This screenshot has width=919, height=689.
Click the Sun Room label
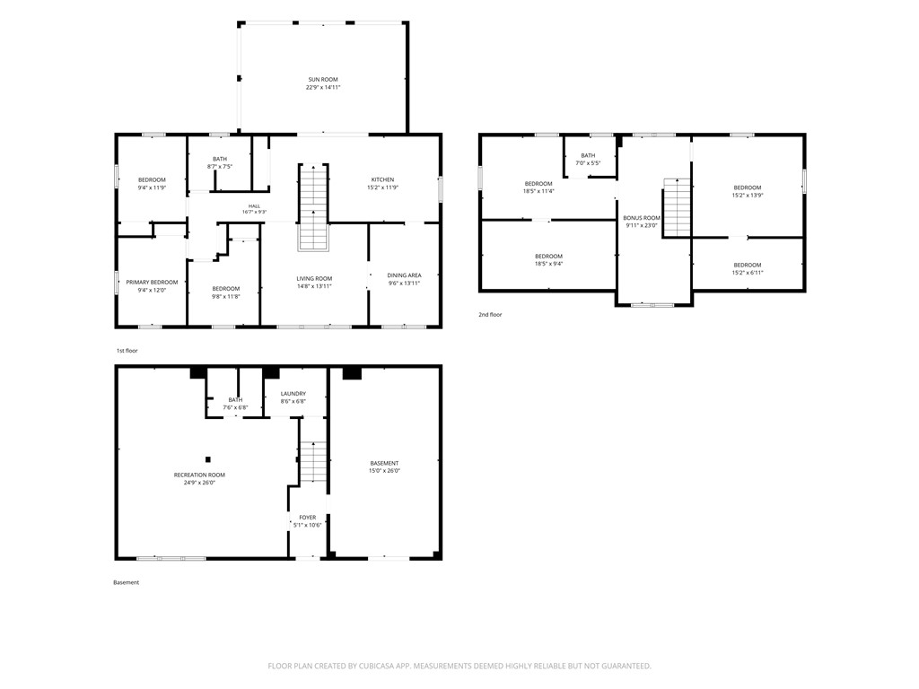[323, 80]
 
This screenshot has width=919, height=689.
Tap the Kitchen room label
[382, 179]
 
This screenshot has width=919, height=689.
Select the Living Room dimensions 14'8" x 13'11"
[314, 286]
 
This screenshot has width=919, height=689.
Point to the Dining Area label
[404, 275]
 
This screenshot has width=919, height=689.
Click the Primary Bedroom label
[152, 283]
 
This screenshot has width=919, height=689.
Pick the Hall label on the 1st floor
[254, 206]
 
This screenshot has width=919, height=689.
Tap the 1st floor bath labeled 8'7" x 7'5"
[220, 162]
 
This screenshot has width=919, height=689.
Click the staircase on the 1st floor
[313, 207]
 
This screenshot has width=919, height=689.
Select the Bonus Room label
[641, 218]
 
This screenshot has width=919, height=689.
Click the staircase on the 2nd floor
[677, 207]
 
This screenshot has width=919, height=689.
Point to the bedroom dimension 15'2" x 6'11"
[748, 273]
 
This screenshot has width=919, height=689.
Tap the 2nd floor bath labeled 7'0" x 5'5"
[588, 160]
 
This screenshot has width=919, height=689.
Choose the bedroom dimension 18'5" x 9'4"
[548, 264]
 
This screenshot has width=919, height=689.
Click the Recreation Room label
[199, 475]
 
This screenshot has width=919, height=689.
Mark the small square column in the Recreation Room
[207, 460]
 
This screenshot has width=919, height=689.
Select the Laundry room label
[293, 395]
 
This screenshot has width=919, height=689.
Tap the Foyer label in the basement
[308, 518]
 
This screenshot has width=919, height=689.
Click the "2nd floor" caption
[490, 315]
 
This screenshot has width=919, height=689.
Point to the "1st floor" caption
[127, 351]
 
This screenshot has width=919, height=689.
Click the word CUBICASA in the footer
[381, 667]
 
